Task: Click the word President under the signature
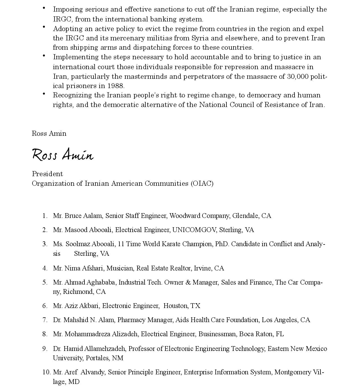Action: click(x=47, y=174)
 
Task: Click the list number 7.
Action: click(x=45, y=320)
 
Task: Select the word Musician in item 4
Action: click(x=119, y=268)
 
